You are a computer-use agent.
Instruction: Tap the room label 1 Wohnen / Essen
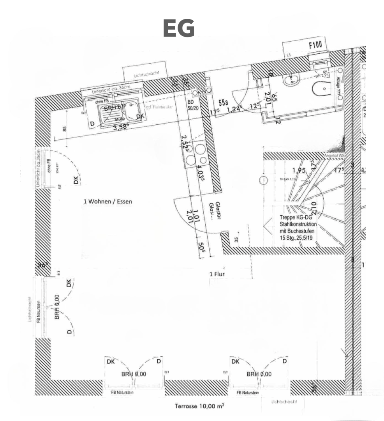click(x=108, y=202)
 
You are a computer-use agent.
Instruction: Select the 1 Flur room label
click(x=217, y=274)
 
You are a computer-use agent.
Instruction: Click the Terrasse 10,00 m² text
click(x=199, y=406)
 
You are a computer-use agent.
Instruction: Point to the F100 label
click(x=315, y=45)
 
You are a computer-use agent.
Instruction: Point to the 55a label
click(x=223, y=103)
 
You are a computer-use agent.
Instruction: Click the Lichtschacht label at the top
click(x=146, y=73)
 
